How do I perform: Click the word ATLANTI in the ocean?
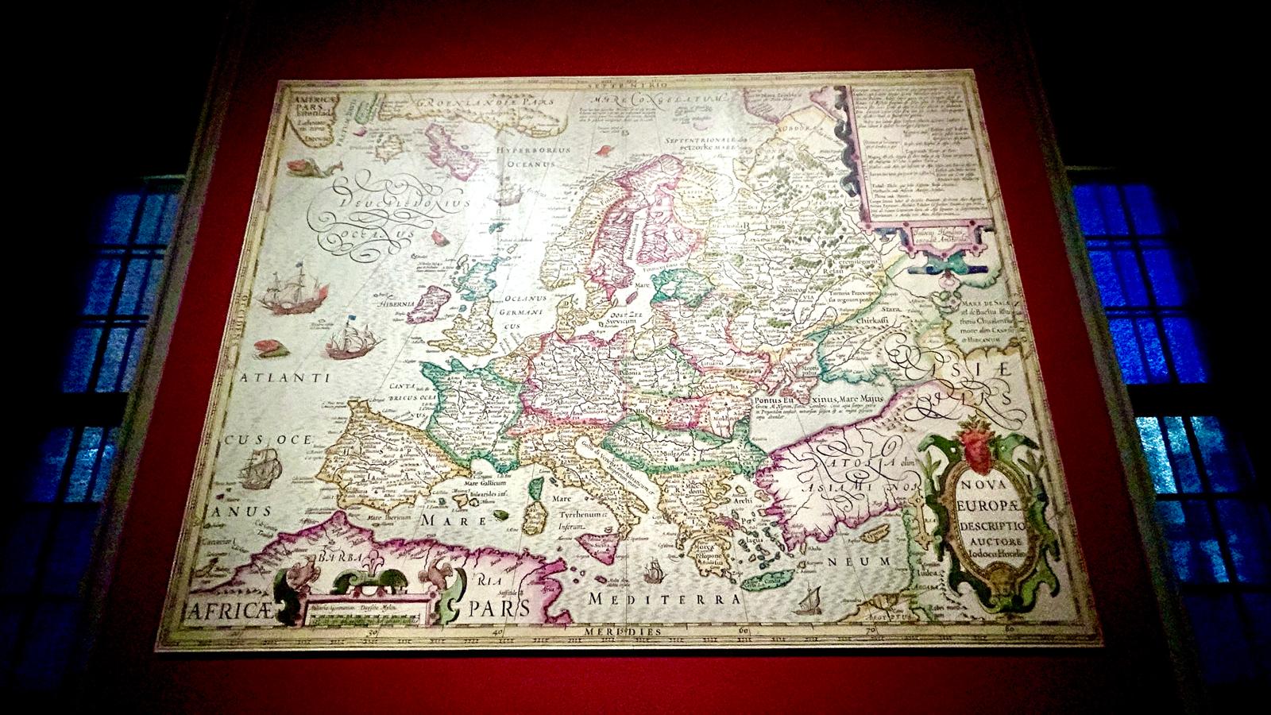[276, 377]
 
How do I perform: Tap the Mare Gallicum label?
[485, 481]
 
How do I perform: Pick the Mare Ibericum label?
[389, 517]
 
